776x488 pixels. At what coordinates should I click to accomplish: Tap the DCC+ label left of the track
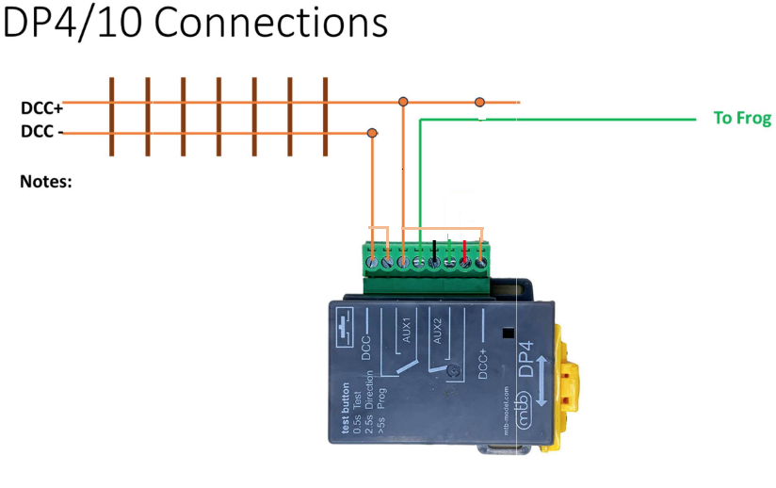(41, 108)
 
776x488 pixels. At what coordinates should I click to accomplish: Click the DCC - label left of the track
(42, 132)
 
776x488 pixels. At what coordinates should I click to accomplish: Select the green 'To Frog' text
(742, 119)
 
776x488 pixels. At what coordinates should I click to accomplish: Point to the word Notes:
(46, 180)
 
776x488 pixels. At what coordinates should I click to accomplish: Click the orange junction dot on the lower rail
(372, 133)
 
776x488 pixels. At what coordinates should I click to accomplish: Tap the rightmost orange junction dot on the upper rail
(479, 102)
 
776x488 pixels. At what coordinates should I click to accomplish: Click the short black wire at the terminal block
(434, 250)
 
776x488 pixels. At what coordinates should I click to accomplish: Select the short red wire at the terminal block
(464, 250)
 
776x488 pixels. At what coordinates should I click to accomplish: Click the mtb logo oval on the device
(518, 412)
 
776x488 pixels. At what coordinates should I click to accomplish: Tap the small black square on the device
(508, 333)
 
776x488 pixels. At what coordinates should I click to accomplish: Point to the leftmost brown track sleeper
(111, 117)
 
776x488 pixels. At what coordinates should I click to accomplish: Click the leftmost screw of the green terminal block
(372, 263)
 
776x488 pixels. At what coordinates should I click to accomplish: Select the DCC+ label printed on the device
(483, 359)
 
